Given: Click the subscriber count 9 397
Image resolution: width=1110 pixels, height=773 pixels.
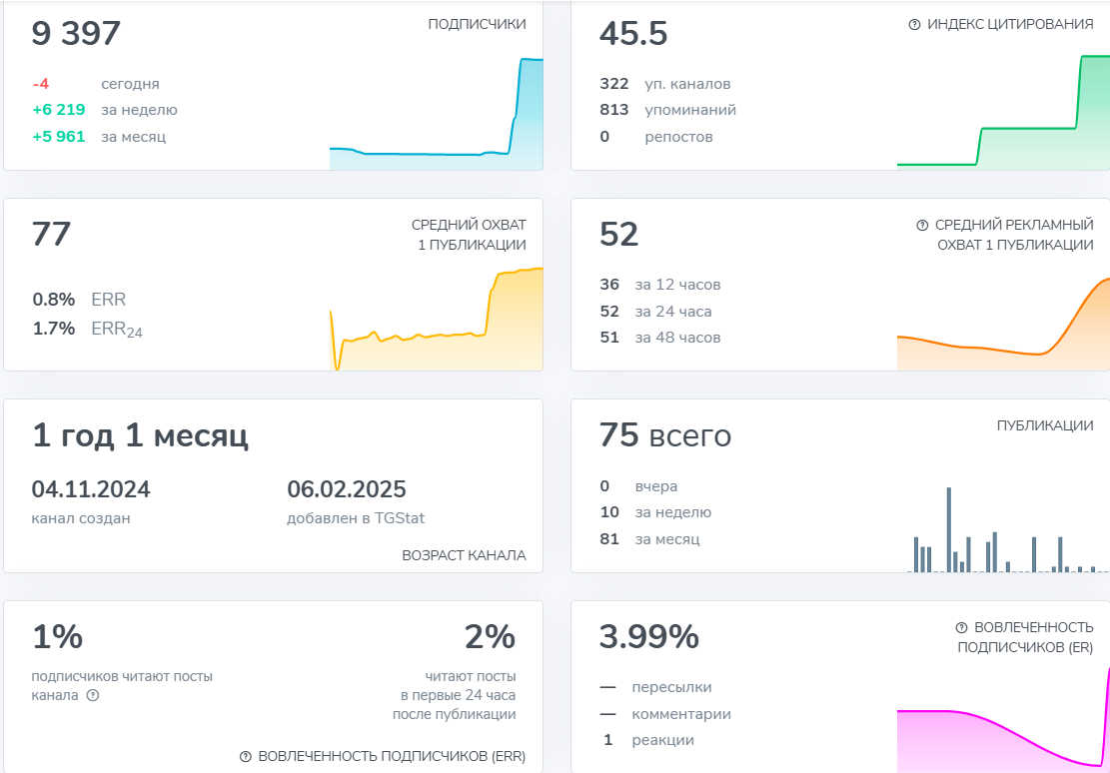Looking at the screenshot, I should coord(76,34).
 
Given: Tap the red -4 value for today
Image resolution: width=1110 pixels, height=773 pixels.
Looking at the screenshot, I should coord(41,84).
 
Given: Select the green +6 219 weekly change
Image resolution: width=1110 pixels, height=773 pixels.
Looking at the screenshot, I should coord(58,110).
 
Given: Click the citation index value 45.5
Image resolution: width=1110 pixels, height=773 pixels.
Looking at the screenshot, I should coord(633,34).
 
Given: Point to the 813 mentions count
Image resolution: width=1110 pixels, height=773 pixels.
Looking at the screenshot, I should coord(613,110).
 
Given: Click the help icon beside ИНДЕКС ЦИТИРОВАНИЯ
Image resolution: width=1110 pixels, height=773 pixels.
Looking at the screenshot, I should coord(914,24).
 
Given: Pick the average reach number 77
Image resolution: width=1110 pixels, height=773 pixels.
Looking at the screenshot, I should coord(52,235).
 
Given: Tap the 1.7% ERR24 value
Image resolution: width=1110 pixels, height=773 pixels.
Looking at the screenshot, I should coord(53,328).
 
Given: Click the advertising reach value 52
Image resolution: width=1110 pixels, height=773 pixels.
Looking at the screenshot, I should coord(618,235).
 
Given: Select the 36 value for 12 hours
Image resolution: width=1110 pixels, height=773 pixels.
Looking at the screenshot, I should coord(609,285).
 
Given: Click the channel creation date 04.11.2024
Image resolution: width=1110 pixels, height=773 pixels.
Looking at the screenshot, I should coord(91,489).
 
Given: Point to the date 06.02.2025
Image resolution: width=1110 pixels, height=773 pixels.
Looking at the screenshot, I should coord(347,489).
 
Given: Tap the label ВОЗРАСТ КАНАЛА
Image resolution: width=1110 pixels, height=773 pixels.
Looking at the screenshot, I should coord(464,555).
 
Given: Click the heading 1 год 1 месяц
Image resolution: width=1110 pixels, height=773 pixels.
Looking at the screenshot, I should coord(140,435).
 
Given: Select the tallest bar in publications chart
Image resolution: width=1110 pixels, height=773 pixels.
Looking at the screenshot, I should coord(948,529).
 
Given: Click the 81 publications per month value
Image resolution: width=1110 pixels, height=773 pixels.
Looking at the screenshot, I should coord(609,539).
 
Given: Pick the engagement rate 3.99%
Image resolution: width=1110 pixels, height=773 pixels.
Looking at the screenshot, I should coord(649,636).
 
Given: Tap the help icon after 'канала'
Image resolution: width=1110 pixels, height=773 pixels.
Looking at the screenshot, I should coord(93,695).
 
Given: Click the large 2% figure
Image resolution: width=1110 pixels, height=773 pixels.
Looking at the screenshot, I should coord(490,636).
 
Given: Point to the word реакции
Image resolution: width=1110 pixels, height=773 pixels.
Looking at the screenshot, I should coord(662,740).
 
